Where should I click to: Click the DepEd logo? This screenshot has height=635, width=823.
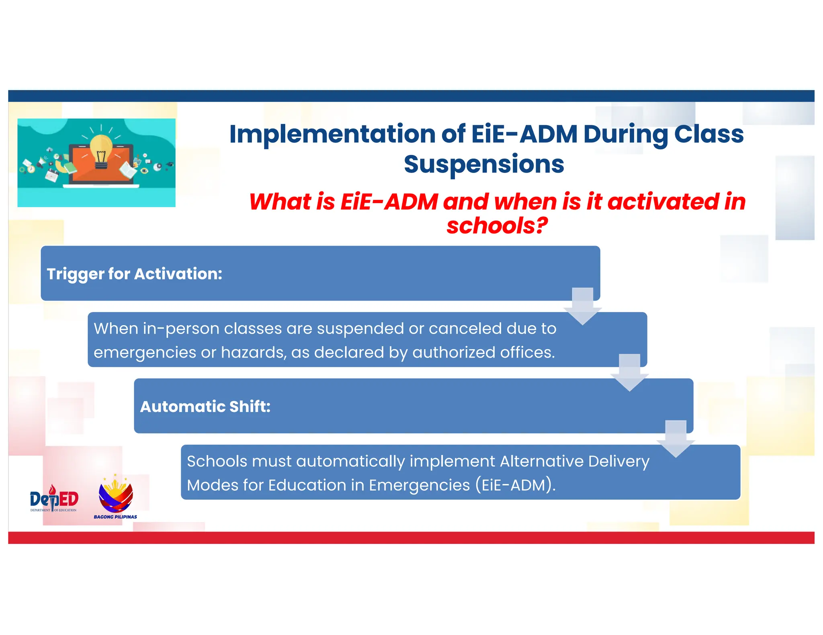point(54,499)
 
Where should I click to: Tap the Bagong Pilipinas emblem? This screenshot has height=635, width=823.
point(116,495)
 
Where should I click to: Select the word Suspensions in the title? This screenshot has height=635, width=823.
point(484,165)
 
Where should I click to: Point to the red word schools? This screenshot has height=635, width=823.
point(497,226)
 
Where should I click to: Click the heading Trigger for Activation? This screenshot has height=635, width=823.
point(134,274)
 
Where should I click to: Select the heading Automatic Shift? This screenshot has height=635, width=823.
point(205,407)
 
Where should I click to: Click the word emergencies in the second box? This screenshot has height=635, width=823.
point(145,353)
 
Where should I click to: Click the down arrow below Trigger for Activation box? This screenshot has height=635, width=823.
point(582,307)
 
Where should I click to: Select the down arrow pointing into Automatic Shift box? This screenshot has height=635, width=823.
point(629,373)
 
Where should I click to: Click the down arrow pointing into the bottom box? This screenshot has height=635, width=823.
point(676,439)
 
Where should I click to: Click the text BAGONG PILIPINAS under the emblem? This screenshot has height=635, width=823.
point(115,517)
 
